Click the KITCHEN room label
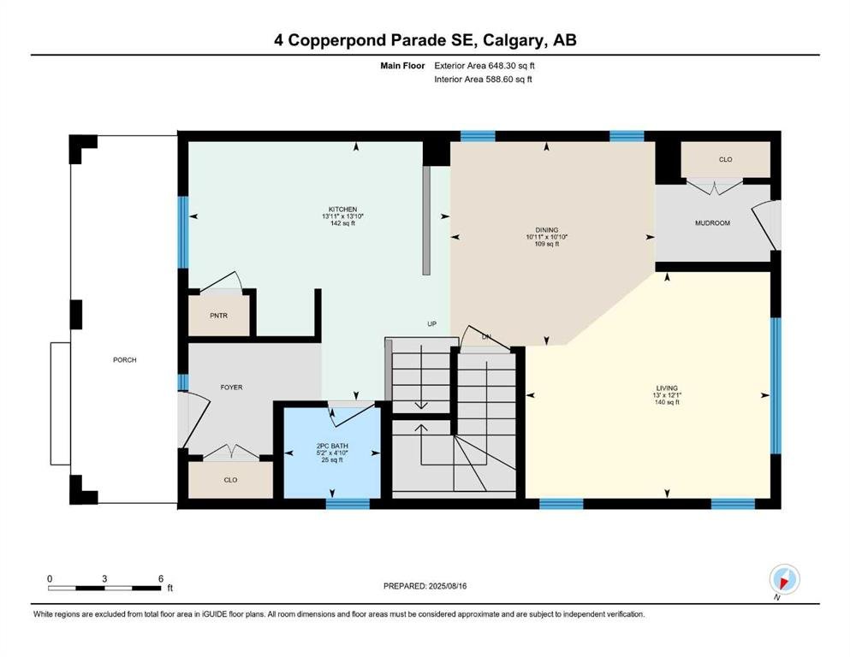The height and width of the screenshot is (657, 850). pyautogui.click(x=342, y=210)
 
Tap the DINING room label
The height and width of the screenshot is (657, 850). pyautogui.click(x=546, y=230)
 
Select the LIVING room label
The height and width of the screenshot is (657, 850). pyautogui.click(x=667, y=388)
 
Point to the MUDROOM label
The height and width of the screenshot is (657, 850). pyautogui.click(x=712, y=223)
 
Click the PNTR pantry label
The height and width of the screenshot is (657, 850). pyautogui.click(x=218, y=316)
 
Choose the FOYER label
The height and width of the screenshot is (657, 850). pyautogui.click(x=231, y=388)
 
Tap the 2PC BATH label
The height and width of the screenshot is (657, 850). pyautogui.click(x=332, y=447)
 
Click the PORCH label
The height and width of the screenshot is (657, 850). pyautogui.click(x=125, y=360)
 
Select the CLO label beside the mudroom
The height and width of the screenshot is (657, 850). pyautogui.click(x=725, y=160)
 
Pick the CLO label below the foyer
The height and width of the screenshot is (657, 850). pyautogui.click(x=230, y=480)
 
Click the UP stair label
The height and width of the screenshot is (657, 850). pyautogui.click(x=431, y=324)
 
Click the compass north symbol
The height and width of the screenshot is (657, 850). pyautogui.click(x=784, y=579)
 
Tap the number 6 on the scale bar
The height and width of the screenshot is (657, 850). pyautogui.click(x=160, y=578)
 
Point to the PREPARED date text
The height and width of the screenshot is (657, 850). pyautogui.click(x=425, y=586)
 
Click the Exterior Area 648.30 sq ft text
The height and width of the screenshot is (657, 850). pyautogui.click(x=484, y=66)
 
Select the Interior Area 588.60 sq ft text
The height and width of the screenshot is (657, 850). pyautogui.click(x=483, y=79)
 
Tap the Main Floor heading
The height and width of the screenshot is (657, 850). pyautogui.click(x=402, y=66)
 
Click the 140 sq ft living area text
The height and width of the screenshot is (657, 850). pyautogui.click(x=667, y=402)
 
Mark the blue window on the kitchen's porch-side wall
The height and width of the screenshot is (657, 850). pyautogui.click(x=183, y=232)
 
